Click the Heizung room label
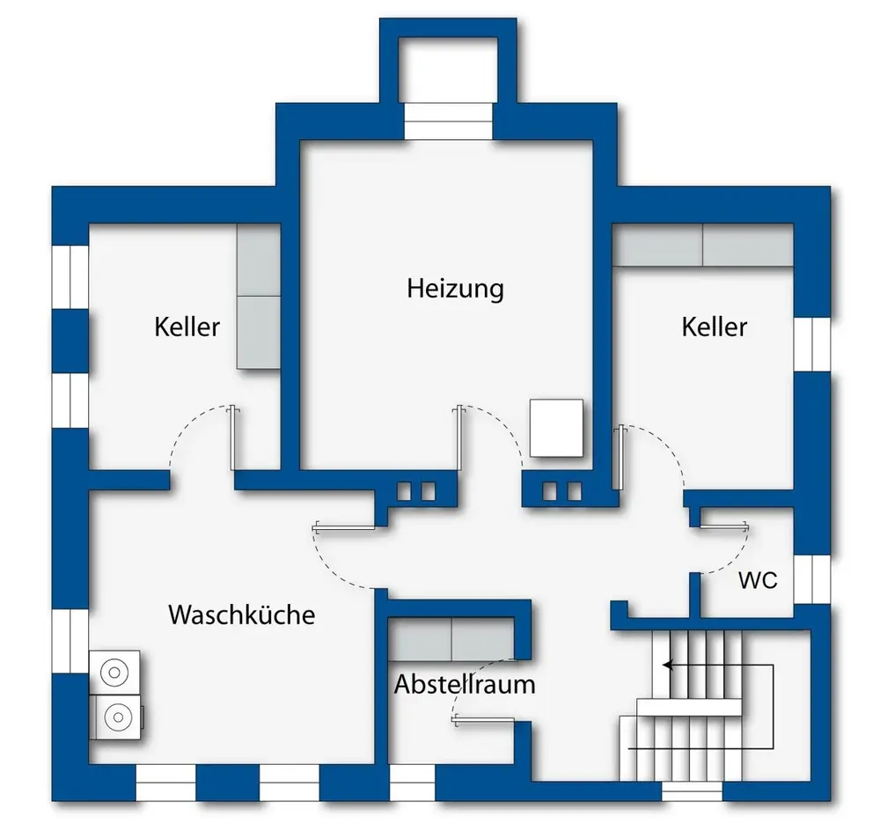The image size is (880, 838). click(455, 290)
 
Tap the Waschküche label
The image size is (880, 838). click(242, 614)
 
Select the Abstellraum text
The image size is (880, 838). click(465, 684)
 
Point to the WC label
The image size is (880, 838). click(759, 580)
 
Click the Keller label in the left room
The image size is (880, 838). click(187, 327)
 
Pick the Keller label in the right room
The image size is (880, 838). click(715, 327)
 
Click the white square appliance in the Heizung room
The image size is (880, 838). click(556, 428)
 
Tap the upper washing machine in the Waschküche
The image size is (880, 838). click(114, 673)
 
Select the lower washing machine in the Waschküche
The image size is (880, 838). click(116, 717)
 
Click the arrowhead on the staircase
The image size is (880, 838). click(668, 665)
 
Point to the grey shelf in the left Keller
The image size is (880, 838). click(258, 297)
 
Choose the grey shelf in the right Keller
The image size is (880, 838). click(702, 245)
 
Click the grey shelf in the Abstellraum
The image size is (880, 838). click(451, 639)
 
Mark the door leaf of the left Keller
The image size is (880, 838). click(233, 437)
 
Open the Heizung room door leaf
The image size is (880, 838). click(459, 437)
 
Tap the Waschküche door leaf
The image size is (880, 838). click(344, 527)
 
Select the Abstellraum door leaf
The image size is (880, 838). click(483, 721)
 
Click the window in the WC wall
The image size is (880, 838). click(812, 579)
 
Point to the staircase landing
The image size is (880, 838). click(689, 707)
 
